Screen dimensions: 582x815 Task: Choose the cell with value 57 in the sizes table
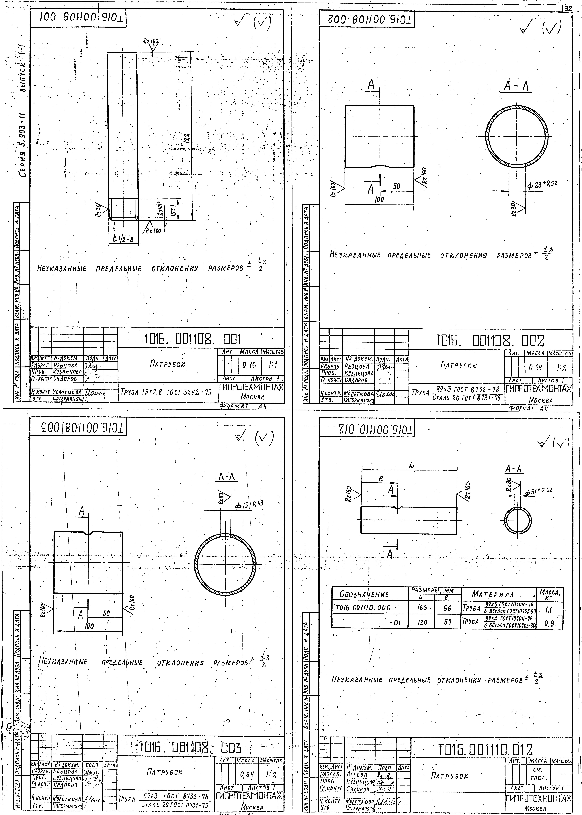(447, 623)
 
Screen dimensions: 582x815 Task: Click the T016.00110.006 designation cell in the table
(363, 608)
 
